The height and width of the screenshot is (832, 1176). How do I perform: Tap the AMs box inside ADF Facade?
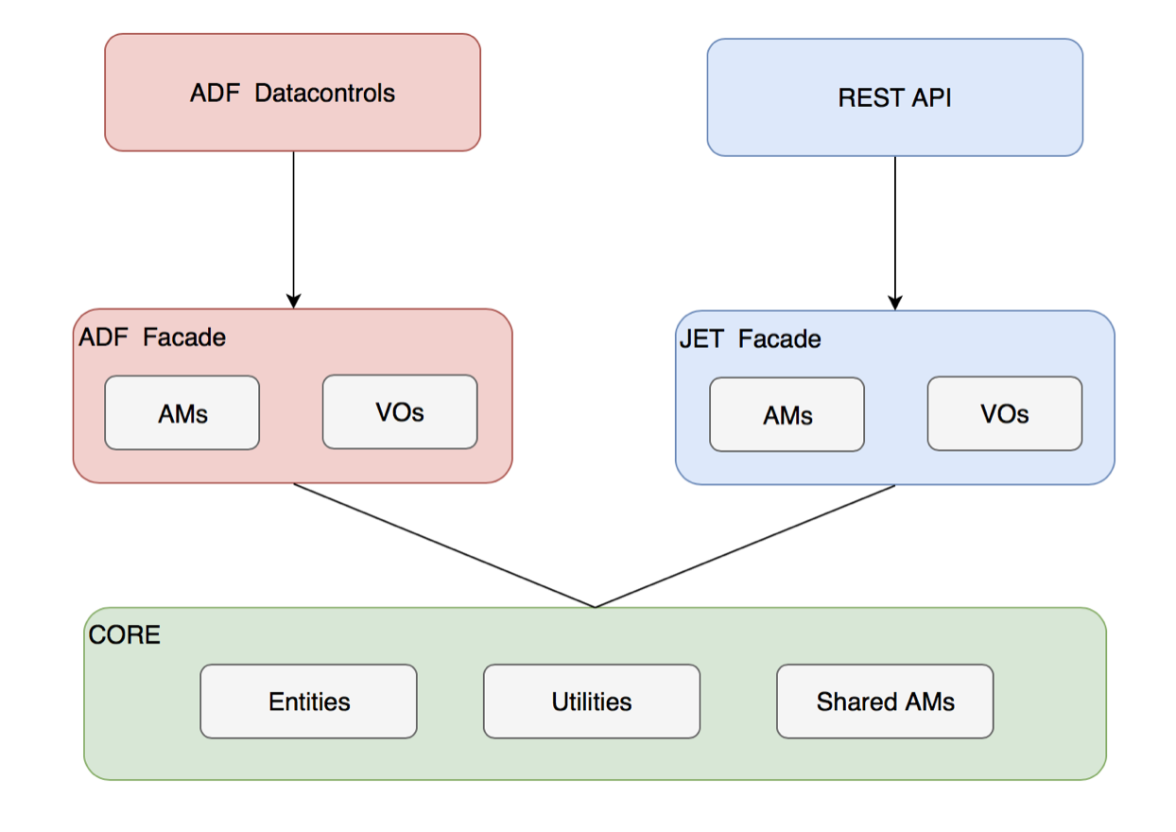[182, 413]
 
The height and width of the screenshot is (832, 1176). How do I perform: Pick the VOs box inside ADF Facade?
[400, 412]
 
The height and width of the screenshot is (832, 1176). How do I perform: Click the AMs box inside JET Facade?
[787, 415]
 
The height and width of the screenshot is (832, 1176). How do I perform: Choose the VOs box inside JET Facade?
[1004, 414]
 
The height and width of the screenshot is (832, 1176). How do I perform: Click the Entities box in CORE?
[308, 702]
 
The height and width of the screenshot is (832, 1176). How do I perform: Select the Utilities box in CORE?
[592, 702]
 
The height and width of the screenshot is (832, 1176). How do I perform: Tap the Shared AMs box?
[885, 702]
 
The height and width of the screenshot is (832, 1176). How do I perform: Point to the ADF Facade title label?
[152, 338]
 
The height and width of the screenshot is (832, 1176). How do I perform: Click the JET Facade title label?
[751, 339]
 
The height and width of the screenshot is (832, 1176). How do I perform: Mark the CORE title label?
[125, 634]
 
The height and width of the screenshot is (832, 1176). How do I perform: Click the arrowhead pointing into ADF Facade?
[293, 301]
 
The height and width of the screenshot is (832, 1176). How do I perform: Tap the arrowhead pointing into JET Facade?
[895, 303]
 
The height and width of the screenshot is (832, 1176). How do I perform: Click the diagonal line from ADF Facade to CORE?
[444, 546]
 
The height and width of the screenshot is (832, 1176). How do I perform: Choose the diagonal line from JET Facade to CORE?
[745, 546]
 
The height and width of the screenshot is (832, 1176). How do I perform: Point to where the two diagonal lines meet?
[595, 607]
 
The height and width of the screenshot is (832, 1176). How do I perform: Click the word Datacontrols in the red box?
[324, 94]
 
